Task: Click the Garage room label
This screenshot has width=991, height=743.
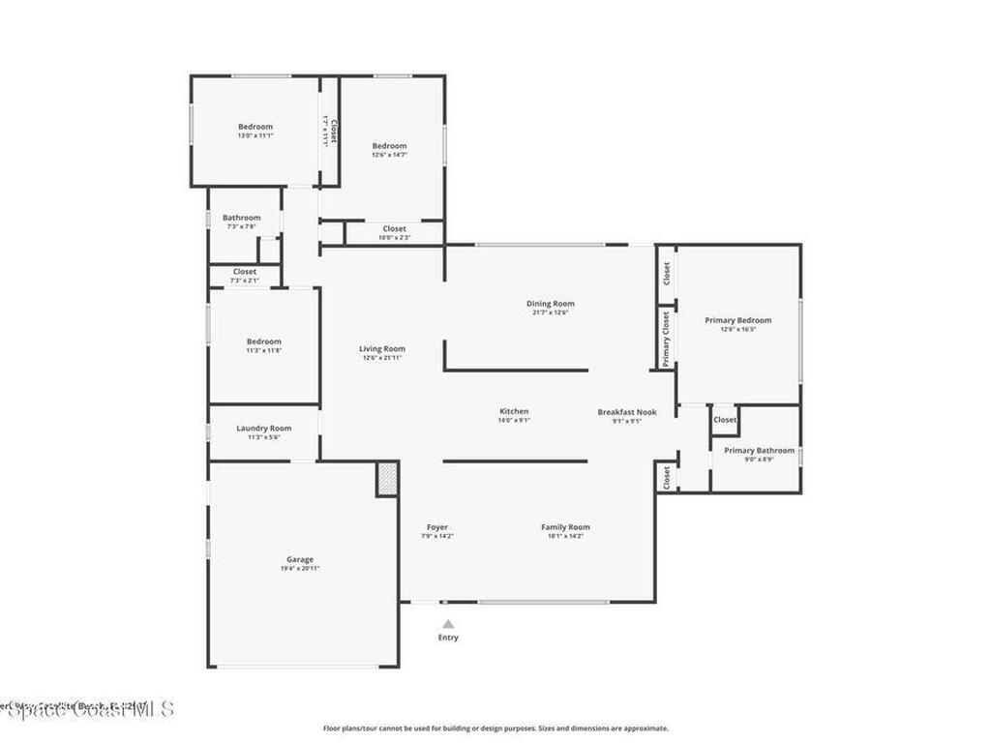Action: (x=299, y=559)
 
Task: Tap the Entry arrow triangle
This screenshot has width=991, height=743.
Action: (x=448, y=624)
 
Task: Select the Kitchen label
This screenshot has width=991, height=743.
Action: (x=514, y=411)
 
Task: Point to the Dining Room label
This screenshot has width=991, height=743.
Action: (x=550, y=304)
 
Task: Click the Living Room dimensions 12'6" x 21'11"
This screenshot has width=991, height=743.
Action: (x=382, y=358)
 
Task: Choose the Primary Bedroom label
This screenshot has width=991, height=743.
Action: (x=737, y=320)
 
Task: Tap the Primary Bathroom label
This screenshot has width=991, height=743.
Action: (x=759, y=450)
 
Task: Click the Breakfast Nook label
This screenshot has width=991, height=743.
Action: (x=626, y=412)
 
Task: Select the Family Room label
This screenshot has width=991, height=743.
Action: (x=565, y=527)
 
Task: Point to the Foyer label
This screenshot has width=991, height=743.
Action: (x=437, y=527)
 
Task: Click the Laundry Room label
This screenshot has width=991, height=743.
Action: (x=263, y=428)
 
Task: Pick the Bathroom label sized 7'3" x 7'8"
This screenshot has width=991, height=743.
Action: (x=241, y=218)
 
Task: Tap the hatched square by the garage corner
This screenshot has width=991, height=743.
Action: (x=387, y=480)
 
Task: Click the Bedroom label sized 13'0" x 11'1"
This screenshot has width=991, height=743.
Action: (x=255, y=127)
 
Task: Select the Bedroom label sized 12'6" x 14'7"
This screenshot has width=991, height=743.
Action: (x=389, y=146)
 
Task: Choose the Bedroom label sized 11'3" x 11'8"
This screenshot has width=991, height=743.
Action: (x=263, y=342)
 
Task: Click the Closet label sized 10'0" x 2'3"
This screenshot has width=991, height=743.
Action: (x=394, y=229)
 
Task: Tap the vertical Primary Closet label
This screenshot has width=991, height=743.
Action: (x=666, y=339)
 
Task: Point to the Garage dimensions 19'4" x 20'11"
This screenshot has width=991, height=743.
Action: (x=299, y=569)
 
